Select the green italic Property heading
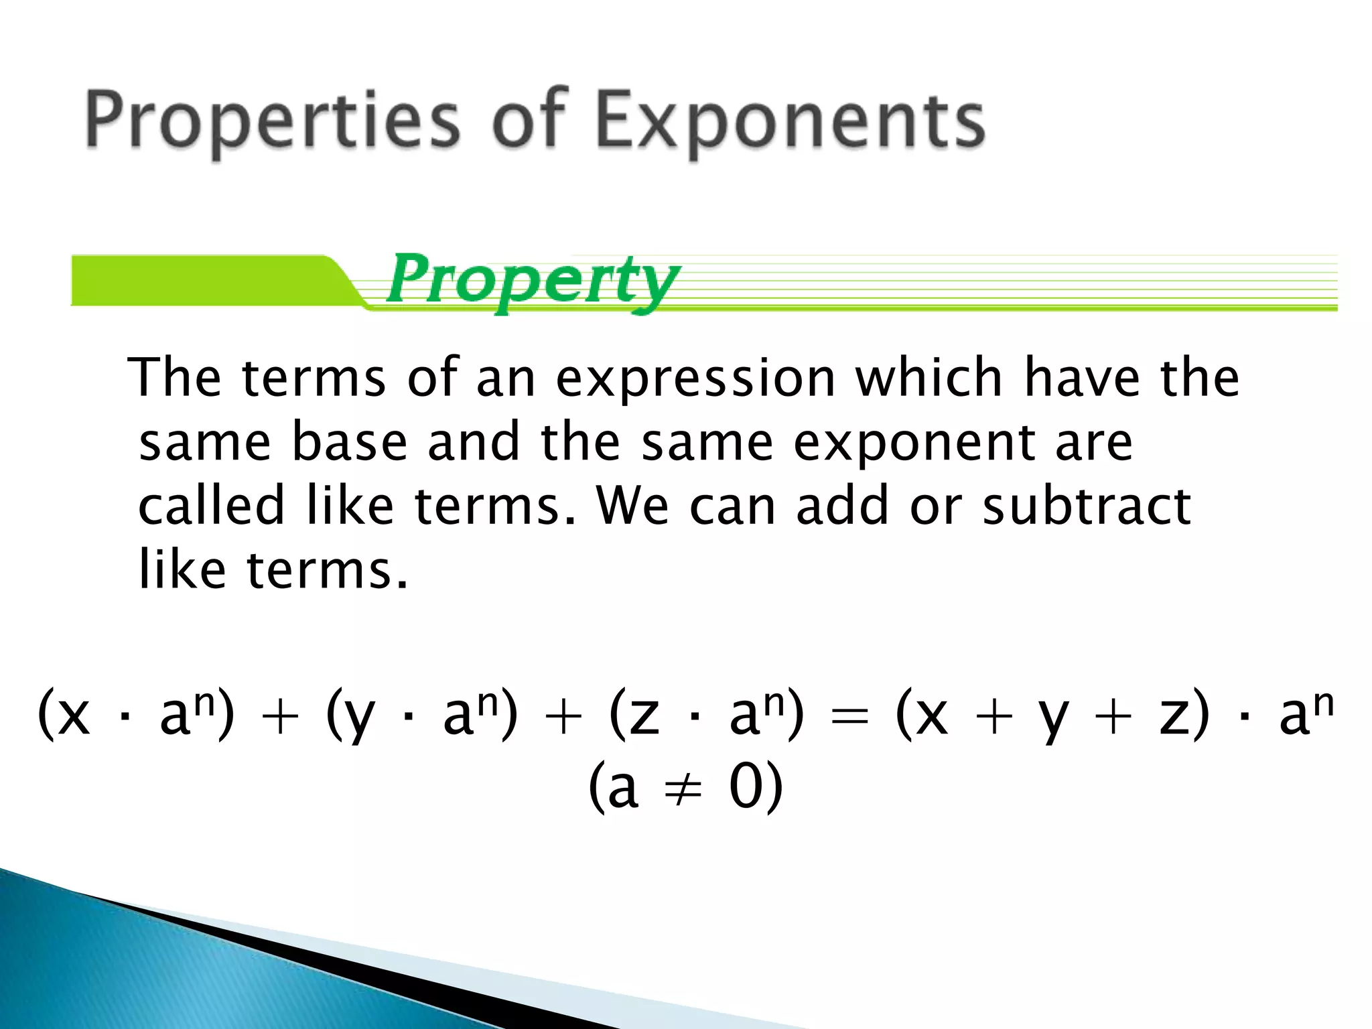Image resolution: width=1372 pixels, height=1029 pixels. (x=533, y=281)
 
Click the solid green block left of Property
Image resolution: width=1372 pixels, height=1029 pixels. (x=201, y=280)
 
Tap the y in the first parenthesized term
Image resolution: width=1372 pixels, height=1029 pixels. (x=359, y=720)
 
